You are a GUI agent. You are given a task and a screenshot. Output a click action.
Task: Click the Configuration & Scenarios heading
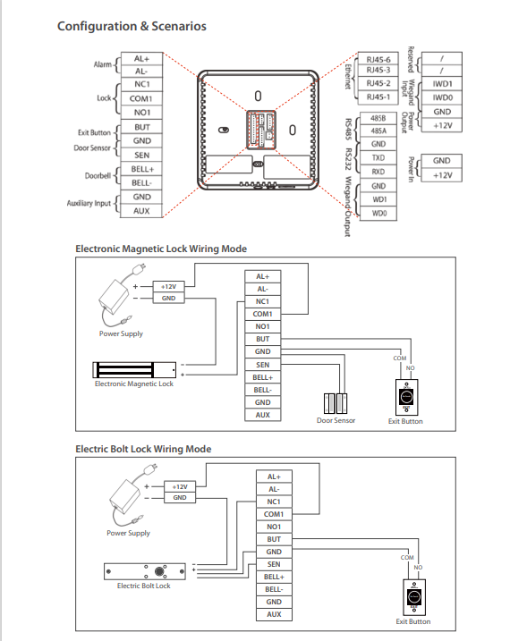pos(132,26)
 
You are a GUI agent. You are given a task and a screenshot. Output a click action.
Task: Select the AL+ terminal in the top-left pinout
pos(141,58)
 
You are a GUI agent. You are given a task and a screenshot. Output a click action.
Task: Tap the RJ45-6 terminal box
pos(378,59)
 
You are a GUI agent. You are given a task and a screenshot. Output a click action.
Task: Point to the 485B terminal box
pos(378,118)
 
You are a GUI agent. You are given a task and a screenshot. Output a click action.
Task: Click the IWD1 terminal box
pos(442,84)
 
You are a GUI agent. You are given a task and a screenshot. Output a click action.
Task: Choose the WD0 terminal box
pos(378,213)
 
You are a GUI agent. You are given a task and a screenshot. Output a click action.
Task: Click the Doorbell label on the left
pos(98,176)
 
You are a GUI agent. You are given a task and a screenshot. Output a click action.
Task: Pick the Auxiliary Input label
pos(89,203)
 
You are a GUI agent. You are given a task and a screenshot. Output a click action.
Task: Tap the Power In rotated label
pos(412,168)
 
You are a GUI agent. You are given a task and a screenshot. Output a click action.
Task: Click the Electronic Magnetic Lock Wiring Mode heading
pos(161,249)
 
